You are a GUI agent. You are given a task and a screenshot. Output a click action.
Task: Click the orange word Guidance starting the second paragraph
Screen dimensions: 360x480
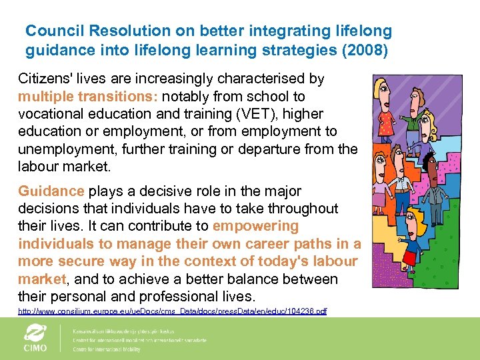pyautogui.click(x=51, y=191)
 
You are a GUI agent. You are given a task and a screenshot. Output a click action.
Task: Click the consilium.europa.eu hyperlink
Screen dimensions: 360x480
pyautogui.click(x=172, y=311)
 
